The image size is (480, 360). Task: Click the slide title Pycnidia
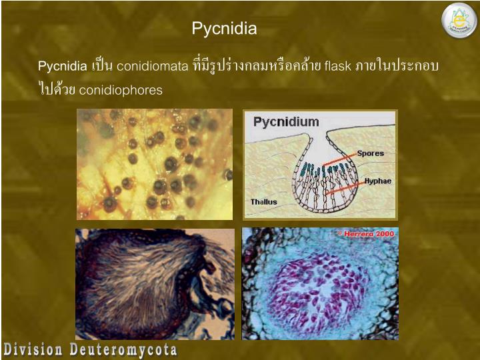[224, 29]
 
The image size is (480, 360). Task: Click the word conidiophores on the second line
[121, 90]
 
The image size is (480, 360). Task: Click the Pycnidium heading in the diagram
[286, 122]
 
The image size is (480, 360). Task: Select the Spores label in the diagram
[370, 153]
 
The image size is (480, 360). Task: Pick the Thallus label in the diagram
[263, 201]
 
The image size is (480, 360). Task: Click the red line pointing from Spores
[340, 161]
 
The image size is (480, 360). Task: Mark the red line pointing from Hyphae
[344, 187]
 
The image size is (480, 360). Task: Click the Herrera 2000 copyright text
[366, 234]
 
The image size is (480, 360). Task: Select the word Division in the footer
[31, 349]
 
